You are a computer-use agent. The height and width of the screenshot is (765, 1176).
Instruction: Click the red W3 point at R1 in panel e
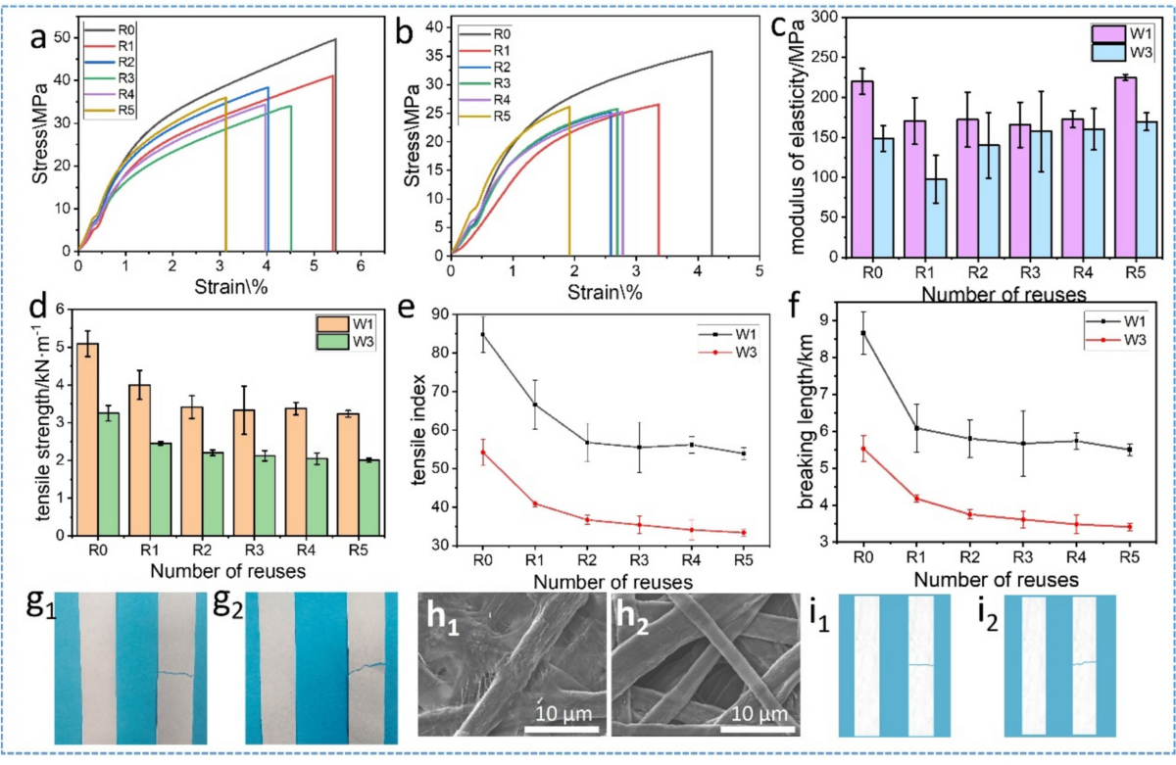[536, 504]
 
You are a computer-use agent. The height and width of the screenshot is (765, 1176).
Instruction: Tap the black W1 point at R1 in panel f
[913, 428]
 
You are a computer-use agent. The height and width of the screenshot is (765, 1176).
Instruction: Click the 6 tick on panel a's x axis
[361, 263]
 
